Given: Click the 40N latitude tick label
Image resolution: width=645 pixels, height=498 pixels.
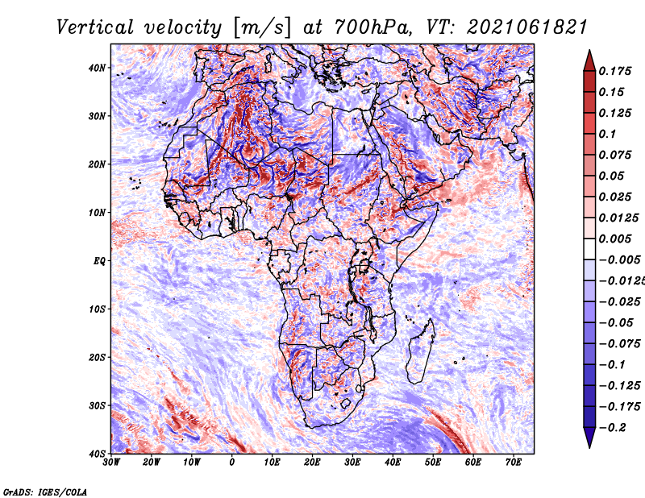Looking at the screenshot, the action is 97,68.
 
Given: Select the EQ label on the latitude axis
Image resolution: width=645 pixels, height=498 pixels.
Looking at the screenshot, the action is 99,261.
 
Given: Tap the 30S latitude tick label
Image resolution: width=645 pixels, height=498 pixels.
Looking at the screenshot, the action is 97,405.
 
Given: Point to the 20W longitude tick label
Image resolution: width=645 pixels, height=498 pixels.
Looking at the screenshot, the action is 151,463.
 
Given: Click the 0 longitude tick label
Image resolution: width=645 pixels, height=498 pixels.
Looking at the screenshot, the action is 232,463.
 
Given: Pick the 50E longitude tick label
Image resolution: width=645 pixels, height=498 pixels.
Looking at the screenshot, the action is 433,463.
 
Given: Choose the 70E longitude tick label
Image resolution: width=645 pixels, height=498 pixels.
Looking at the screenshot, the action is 513,463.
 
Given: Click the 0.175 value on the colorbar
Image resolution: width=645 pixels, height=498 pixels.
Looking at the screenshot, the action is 615,71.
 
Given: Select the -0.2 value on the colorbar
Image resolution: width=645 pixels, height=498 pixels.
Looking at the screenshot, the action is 613,428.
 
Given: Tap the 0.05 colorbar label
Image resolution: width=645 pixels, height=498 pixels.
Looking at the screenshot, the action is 612,176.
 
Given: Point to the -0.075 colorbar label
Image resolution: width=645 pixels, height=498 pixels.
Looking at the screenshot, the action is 619,344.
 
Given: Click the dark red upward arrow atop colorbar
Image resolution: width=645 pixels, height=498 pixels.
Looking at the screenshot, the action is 589,60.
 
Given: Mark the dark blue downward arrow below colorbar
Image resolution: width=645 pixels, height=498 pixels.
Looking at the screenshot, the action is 589,438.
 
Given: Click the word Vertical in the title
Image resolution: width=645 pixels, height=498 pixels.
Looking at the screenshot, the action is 94,27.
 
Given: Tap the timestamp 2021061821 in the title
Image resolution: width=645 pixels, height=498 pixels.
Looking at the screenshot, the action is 527,27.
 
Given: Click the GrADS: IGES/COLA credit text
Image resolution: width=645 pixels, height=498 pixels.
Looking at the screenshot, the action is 45,492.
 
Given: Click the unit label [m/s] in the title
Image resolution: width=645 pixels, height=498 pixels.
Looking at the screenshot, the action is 262,27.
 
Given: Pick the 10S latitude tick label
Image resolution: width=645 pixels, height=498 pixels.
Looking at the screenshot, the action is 97,309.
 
